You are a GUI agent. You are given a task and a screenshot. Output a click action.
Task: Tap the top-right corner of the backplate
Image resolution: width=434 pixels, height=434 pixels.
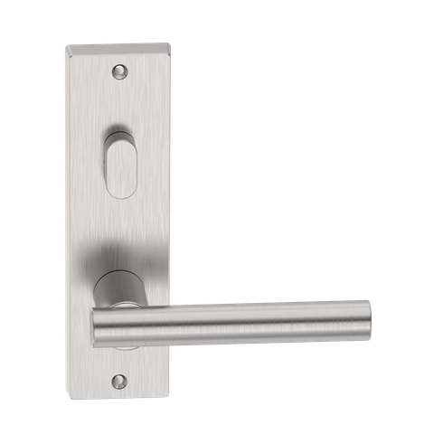(x=169, y=40)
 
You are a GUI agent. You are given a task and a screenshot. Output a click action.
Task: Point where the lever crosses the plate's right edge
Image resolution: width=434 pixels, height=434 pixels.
(x=168, y=318)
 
